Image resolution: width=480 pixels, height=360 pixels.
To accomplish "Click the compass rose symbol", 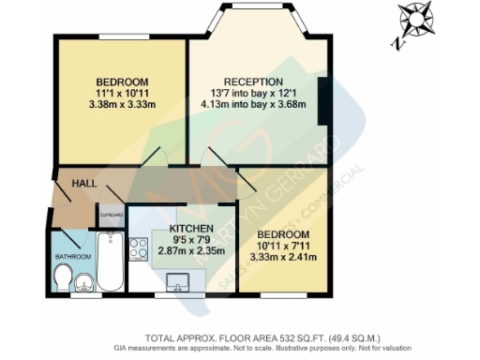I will coord(414,20).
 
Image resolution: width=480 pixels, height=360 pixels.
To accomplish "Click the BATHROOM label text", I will coord(72,256).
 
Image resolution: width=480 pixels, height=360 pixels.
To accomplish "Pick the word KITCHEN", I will coord(188,229).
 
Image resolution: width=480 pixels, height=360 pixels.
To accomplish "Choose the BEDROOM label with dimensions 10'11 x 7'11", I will coord(283,232).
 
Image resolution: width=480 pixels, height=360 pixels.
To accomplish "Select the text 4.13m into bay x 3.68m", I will coord(248,104).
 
